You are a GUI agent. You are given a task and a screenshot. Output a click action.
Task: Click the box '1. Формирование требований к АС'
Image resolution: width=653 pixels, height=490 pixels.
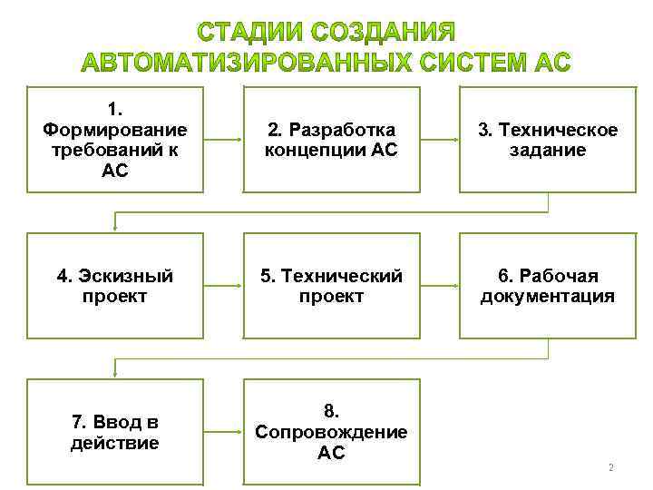(114, 140)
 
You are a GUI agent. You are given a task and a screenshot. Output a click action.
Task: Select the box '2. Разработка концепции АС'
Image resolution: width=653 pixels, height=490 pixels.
(331, 140)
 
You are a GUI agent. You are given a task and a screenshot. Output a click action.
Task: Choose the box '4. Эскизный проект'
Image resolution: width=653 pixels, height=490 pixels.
(114, 286)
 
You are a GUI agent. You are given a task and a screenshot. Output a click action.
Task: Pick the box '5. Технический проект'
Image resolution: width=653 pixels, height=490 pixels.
(331, 286)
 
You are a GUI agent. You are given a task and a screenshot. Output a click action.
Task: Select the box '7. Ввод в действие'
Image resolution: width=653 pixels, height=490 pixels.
(114, 432)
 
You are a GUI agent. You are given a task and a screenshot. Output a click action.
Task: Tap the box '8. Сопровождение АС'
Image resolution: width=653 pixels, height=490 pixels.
(331, 432)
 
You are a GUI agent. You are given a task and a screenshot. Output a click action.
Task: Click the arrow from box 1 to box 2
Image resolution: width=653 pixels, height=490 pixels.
(223, 140)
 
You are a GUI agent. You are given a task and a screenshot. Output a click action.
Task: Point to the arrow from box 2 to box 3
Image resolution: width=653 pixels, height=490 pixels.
(440, 140)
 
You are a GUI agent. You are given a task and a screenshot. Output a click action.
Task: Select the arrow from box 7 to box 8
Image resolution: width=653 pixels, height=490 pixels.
(223, 432)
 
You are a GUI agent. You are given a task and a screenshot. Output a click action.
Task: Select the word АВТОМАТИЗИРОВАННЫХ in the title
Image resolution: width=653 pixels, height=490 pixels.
(243, 64)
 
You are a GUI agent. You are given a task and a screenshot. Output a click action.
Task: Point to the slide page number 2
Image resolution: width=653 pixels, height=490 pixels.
(610, 468)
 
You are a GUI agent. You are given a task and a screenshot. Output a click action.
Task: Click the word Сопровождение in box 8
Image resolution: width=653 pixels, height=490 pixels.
(331, 432)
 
